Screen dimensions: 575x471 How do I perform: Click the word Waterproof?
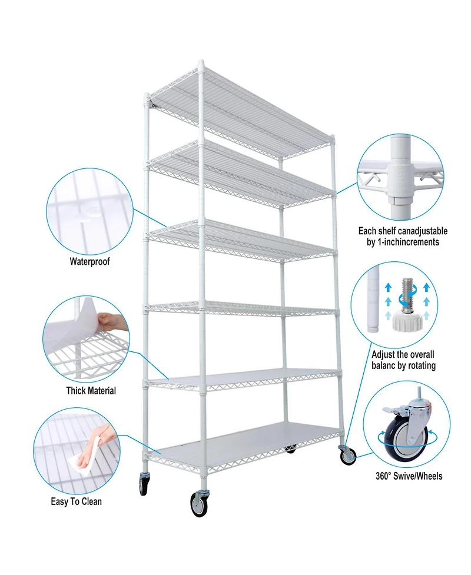tap(89, 261)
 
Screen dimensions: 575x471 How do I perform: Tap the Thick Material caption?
tap(91, 390)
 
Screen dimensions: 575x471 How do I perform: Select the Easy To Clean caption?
tap(76, 501)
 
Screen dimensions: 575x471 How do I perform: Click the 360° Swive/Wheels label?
tap(409, 476)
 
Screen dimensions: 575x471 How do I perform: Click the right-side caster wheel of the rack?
tap(347, 455)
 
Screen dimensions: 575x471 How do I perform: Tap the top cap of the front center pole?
tap(201, 62)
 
